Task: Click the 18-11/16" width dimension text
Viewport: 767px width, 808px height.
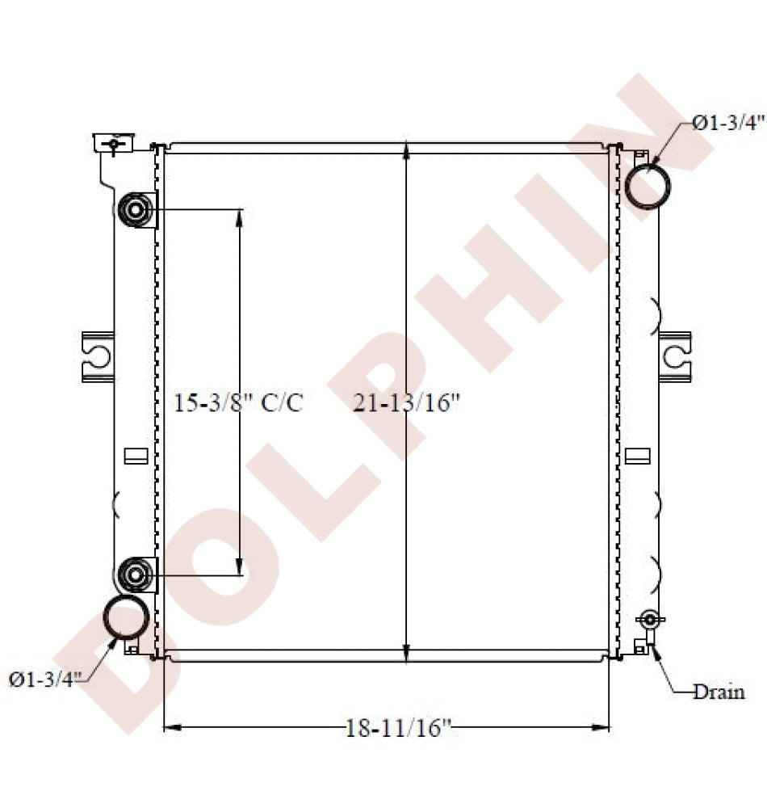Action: point(398,728)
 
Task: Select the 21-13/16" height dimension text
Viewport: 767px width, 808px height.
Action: point(406,402)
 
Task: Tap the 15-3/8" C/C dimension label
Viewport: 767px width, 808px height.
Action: point(238,402)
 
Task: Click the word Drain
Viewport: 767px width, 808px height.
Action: point(719,692)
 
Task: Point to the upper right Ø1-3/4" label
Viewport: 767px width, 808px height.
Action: point(728,123)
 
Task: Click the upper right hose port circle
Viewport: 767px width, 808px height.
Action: point(648,186)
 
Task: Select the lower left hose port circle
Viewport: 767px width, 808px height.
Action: point(126,617)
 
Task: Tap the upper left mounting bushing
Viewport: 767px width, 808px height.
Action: point(136,210)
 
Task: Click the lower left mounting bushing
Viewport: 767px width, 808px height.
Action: point(136,574)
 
